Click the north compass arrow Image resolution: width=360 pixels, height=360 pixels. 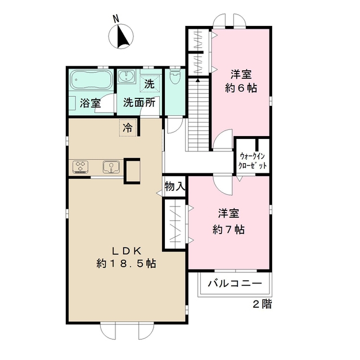click(122, 37)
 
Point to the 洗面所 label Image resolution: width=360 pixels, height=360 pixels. click(139, 103)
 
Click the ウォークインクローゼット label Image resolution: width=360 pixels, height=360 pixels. click(253, 161)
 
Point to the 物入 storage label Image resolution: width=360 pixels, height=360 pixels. click(174, 186)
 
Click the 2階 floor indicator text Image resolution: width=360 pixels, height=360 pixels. click(262, 304)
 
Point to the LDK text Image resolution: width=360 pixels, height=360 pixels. click(126, 250)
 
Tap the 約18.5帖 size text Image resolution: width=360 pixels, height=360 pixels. click(126, 263)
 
